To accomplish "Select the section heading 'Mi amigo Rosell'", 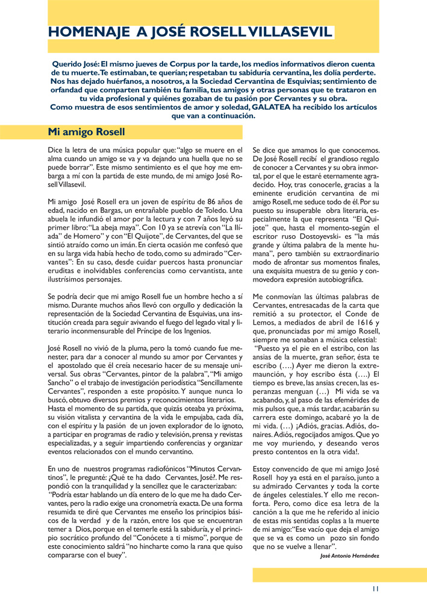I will (86, 131).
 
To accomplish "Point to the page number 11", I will (375, 588).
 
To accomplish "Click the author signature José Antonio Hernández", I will (350, 555).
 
